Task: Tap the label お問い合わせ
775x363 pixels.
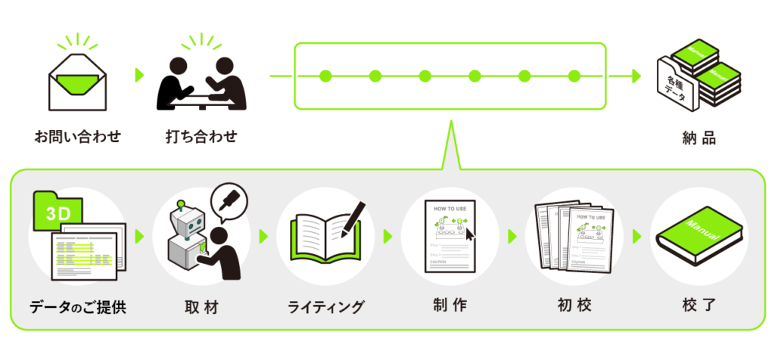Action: [x=77, y=137]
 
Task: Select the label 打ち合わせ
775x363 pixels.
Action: [x=201, y=137]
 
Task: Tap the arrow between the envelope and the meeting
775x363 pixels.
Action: [x=139, y=75]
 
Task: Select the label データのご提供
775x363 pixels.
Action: [x=78, y=307]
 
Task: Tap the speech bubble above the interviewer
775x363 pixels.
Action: [x=229, y=200]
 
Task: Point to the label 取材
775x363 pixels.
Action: [x=201, y=306]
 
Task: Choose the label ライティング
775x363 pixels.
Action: [x=326, y=307]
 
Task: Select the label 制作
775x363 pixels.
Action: [x=450, y=306]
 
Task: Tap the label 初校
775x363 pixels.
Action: [x=574, y=306]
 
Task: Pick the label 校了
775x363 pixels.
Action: [x=698, y=306]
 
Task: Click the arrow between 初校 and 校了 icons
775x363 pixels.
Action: [x=636, y=236]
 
